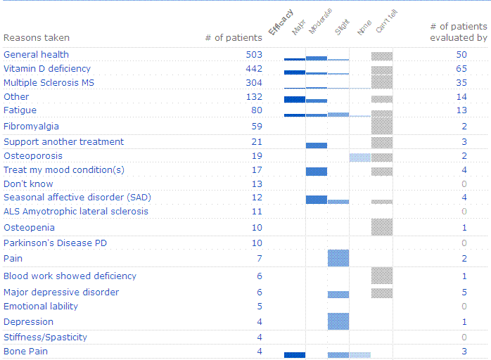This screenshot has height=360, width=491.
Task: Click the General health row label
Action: (x=36, y=54)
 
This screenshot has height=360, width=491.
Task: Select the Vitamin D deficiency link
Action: (x=47, y=69)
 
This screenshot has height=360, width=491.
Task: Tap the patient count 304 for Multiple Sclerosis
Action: (x=252, y=83)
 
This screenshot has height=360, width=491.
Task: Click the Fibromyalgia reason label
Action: (x=31, y=127)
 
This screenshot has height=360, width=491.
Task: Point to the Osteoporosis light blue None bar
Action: (x=360, y=157)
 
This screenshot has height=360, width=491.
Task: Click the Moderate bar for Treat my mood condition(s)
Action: (x=317, y=172)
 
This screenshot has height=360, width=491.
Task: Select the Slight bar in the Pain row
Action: (x=338, y=258)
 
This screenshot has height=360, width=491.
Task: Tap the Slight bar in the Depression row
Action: (x=338, y=321)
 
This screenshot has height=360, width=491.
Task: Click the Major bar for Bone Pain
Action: (x=295, y=355)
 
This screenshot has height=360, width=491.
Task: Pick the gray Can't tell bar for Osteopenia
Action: (x=382, y=227)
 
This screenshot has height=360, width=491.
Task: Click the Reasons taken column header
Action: (x=37, y=38)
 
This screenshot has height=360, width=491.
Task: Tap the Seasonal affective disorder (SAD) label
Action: (x=77, y=198)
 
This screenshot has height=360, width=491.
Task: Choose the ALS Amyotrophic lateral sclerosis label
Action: (x=76, y=212)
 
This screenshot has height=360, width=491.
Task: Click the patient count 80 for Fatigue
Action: (x=255, y=110)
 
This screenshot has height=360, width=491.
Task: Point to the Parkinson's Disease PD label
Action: (x=55, y=243)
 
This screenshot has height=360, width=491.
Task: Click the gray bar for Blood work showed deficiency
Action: (x=382, y=276)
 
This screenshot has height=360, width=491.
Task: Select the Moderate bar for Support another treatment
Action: (x=317, y=145)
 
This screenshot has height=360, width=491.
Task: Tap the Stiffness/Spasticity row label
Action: (x=45, y=337)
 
